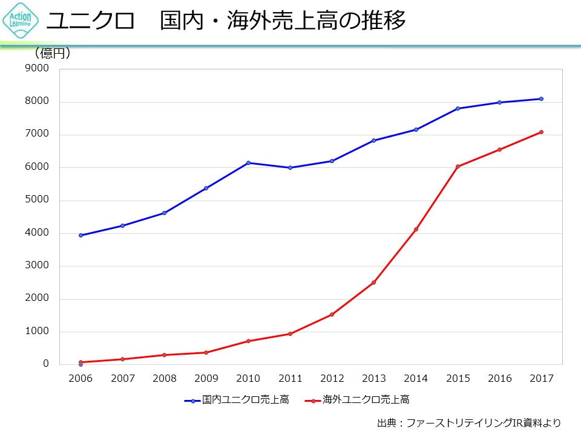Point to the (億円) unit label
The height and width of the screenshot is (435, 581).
53,54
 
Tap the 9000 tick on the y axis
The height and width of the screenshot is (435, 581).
37,69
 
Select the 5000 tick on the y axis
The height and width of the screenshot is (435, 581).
37,200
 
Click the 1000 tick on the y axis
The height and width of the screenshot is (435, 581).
37,331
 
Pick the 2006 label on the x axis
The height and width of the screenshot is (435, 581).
80,379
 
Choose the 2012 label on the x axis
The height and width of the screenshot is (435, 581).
332,379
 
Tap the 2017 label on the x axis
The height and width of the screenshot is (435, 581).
541,379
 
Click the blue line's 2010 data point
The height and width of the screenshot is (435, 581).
248,163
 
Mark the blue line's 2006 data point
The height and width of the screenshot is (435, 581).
80,236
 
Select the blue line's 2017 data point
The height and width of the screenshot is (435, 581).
541,99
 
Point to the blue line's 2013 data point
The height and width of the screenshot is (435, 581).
374,140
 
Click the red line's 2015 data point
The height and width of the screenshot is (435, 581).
458,166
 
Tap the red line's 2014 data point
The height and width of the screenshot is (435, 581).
416,229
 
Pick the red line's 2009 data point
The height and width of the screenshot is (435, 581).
206,352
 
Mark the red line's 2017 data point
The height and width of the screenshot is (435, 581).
541,132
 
